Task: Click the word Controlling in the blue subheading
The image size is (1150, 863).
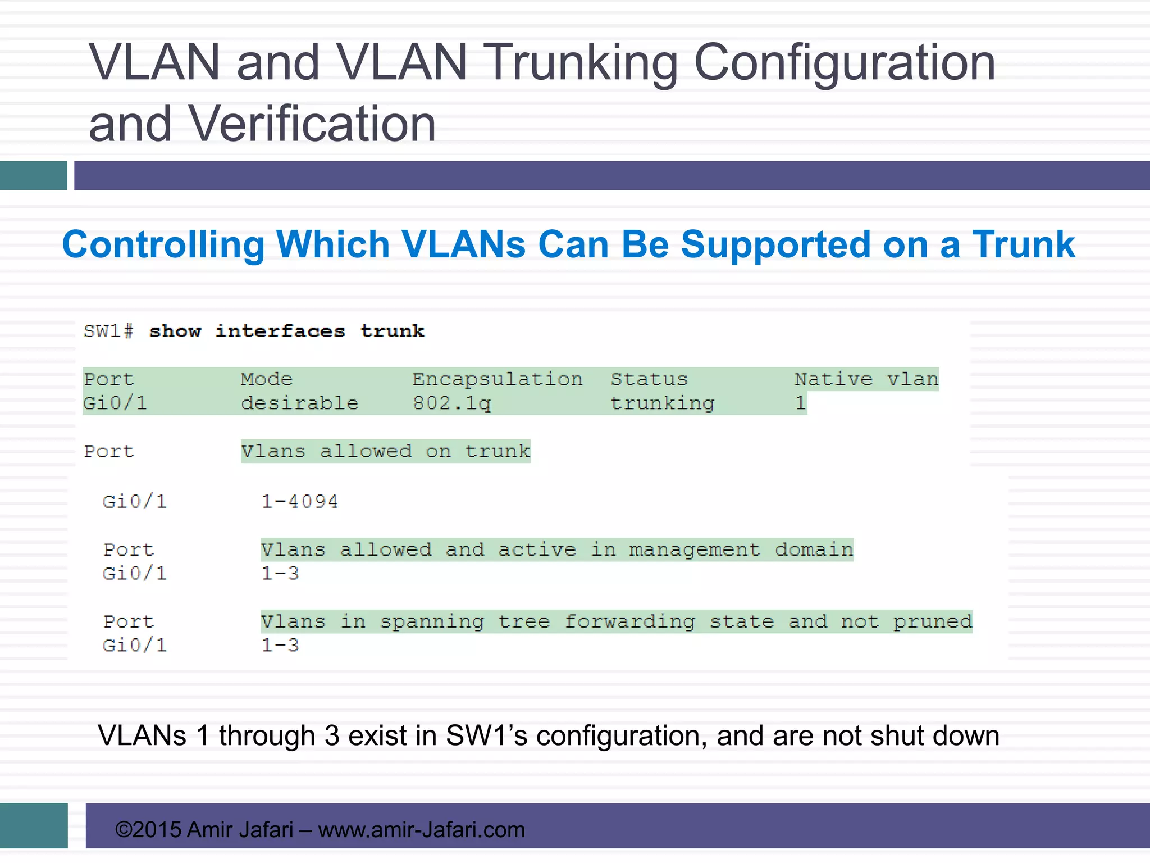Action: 163,244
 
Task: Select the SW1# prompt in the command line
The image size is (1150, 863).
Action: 108,331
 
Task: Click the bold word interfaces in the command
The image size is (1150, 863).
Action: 280,331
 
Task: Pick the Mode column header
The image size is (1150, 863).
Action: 267,379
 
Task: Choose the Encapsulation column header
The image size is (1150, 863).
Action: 498,379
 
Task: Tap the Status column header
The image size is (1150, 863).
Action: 649,379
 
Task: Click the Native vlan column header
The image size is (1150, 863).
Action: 866,379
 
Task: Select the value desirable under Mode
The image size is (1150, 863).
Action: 299,403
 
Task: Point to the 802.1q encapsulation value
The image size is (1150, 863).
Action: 452,403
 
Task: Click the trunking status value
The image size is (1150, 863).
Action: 662,403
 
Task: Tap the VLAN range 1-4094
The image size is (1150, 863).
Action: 299,501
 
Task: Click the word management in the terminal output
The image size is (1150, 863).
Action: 694,549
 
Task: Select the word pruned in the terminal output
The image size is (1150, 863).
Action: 932,621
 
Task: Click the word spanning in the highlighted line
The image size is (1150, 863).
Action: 431,621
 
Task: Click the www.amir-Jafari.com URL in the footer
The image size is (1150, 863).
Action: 421,829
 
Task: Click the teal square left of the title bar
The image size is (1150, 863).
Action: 33,175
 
